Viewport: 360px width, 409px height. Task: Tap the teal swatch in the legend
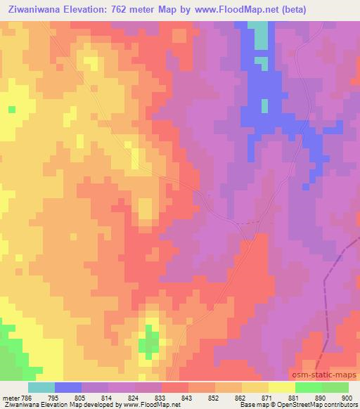41,387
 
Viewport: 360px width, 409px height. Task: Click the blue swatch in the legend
68,387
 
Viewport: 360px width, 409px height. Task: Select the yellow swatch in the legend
282,387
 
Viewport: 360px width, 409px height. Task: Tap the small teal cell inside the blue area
265,105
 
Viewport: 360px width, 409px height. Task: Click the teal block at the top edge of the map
261,35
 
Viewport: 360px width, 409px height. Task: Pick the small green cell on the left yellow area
11,110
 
